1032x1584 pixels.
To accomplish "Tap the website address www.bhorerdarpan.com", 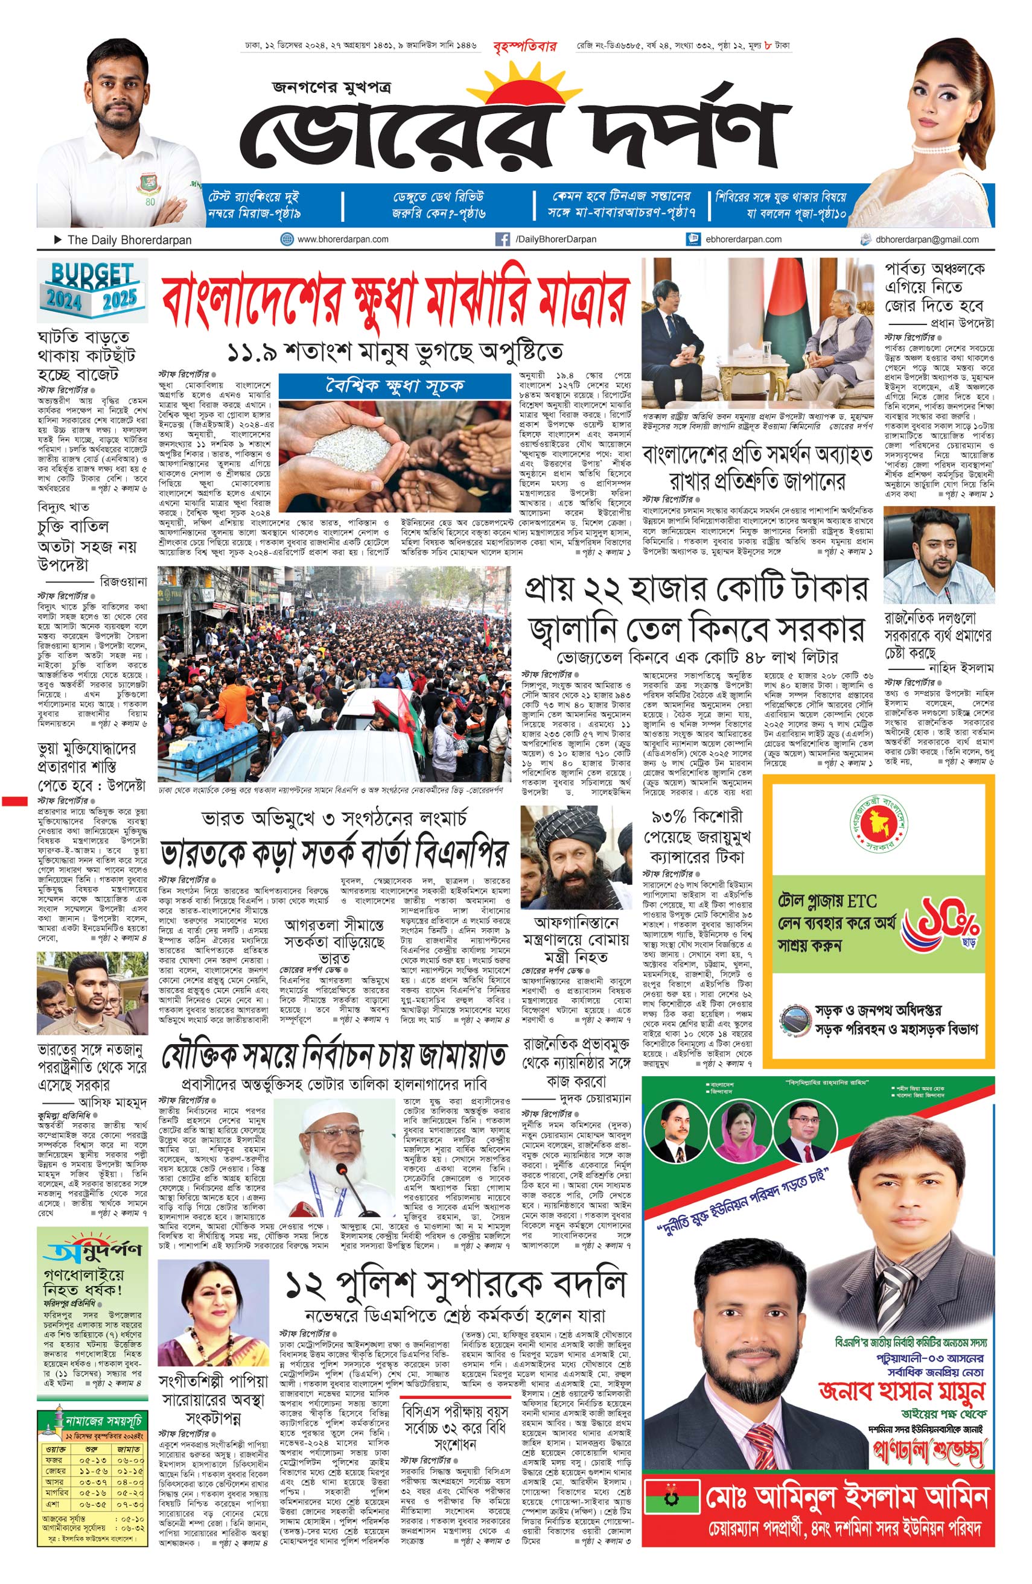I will click(x=342, y=239).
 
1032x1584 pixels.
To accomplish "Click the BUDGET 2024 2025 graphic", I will click(x=92, y=285).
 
